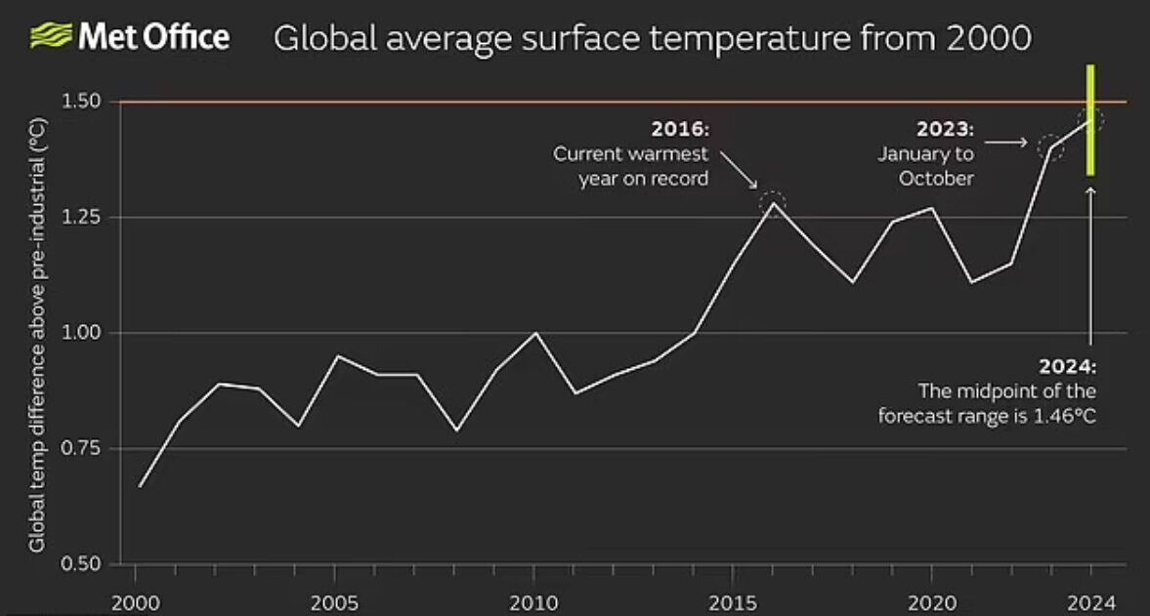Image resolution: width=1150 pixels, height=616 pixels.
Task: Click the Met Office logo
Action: click(x=130, y=37)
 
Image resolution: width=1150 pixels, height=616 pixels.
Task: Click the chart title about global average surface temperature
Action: click(x=652, y=39)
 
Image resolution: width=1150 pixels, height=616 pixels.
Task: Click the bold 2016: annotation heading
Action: click(x=679, y=129)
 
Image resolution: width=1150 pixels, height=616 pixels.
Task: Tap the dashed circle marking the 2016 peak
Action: click(x=773, y=203)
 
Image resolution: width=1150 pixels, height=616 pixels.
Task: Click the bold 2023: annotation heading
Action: click(x=945, y=129)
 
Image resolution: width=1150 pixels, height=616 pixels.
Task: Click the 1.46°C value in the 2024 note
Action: click(x=1063, y=414)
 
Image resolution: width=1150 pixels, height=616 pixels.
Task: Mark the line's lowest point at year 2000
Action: click(x=140, y=486)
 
